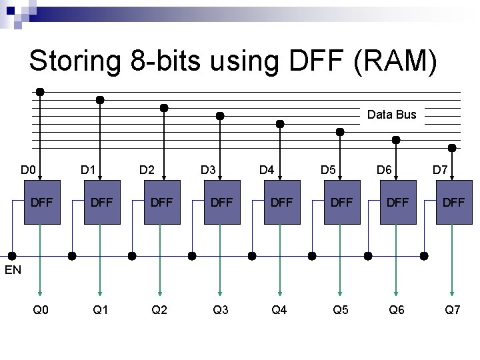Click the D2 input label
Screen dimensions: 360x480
point(147,170)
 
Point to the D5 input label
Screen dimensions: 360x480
point(328,170)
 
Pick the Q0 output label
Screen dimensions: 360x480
point(41,309)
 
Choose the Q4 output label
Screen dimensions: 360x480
point(279,309)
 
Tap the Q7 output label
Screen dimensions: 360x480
point(453,309)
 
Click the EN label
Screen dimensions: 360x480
point(13,270)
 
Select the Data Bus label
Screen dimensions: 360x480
point(392,115)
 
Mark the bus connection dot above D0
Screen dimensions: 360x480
point(40,91)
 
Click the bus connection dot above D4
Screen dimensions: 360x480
point(280,123)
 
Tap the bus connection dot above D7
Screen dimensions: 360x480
point(453,147)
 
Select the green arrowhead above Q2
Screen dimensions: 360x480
point(160,289)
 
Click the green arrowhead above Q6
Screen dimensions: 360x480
point(396,289)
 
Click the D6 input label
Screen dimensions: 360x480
point(384,170)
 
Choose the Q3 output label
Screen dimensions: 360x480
point(221,309)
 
